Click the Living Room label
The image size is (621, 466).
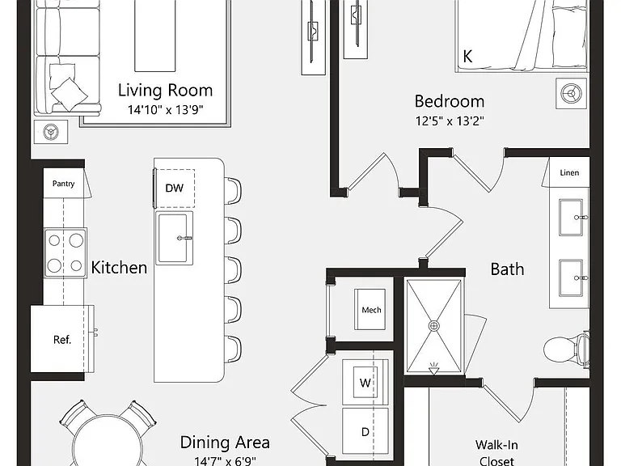click(165, 91)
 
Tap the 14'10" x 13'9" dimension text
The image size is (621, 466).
click(165, 109)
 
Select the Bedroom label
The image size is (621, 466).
click(450, 101)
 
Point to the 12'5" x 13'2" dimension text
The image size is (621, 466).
click(450, 121)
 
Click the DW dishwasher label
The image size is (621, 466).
click(175, 188)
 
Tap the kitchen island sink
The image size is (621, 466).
click(175, 238)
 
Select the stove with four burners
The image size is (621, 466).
click(65, 252)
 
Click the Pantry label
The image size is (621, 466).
click(63, 184)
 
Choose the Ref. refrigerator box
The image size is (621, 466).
click(62, 339)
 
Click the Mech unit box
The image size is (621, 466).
click(370, 310)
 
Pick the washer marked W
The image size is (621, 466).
click(365, 383)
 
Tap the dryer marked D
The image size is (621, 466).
click(365, 431)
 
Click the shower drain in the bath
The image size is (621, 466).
click(434, 326)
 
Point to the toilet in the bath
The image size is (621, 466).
click(566, 349)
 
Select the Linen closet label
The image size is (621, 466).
click(569, 173)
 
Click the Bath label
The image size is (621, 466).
click(507, 269)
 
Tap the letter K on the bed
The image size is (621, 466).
click(467, 57)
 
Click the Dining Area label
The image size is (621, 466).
click(225, 443)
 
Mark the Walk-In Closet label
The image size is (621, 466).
click(496, 453)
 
